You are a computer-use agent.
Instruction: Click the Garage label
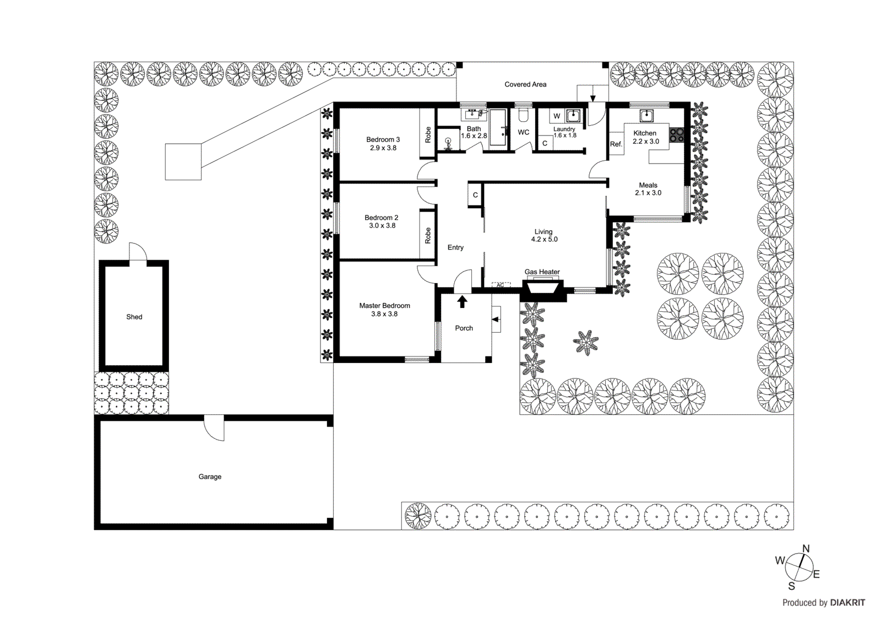coord(210,476)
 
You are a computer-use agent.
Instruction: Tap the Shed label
coord(134,317)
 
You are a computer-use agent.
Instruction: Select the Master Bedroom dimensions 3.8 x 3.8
coord(384,314)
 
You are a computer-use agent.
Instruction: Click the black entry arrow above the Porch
coord(463,301)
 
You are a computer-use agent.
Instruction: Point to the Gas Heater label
coord(542,272)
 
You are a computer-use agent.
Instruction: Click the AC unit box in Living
coord(501,285)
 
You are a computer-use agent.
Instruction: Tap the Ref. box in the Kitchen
coord(616,144)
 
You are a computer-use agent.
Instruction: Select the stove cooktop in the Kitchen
coord(676,135)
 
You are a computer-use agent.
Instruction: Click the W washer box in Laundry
coord(557,116)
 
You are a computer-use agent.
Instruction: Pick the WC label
coord(523,132)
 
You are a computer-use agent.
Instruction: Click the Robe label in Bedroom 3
coord(428,135)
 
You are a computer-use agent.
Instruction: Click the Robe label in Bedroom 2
coord(428,236)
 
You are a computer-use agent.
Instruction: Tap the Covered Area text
coord(525,84)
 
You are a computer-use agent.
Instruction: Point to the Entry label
coord(455,247)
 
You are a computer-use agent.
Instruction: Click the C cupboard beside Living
coord(475,195)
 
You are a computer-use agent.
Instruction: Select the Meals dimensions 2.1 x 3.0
coord(648,193)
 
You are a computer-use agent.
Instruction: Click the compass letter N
coord(806,549)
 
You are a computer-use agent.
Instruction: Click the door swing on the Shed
coord(138,252)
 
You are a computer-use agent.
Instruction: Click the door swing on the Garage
coord(214,429)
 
